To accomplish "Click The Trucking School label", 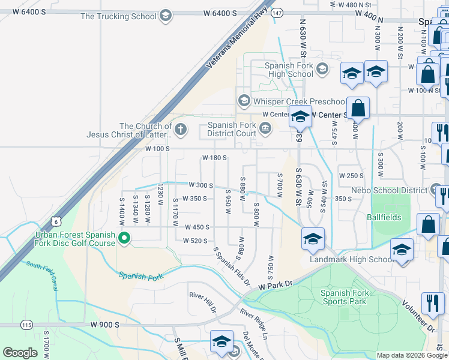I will tap(119, 16).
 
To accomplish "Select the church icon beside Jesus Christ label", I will tap(181, 128).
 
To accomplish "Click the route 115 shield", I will tap(26, 325).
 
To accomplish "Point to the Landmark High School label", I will tap(351, 259).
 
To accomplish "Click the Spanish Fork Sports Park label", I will tap(343, 297).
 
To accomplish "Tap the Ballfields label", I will tap(384, 217).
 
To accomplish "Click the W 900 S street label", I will tap(105, 324).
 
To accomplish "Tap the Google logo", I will tap(20, 353).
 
